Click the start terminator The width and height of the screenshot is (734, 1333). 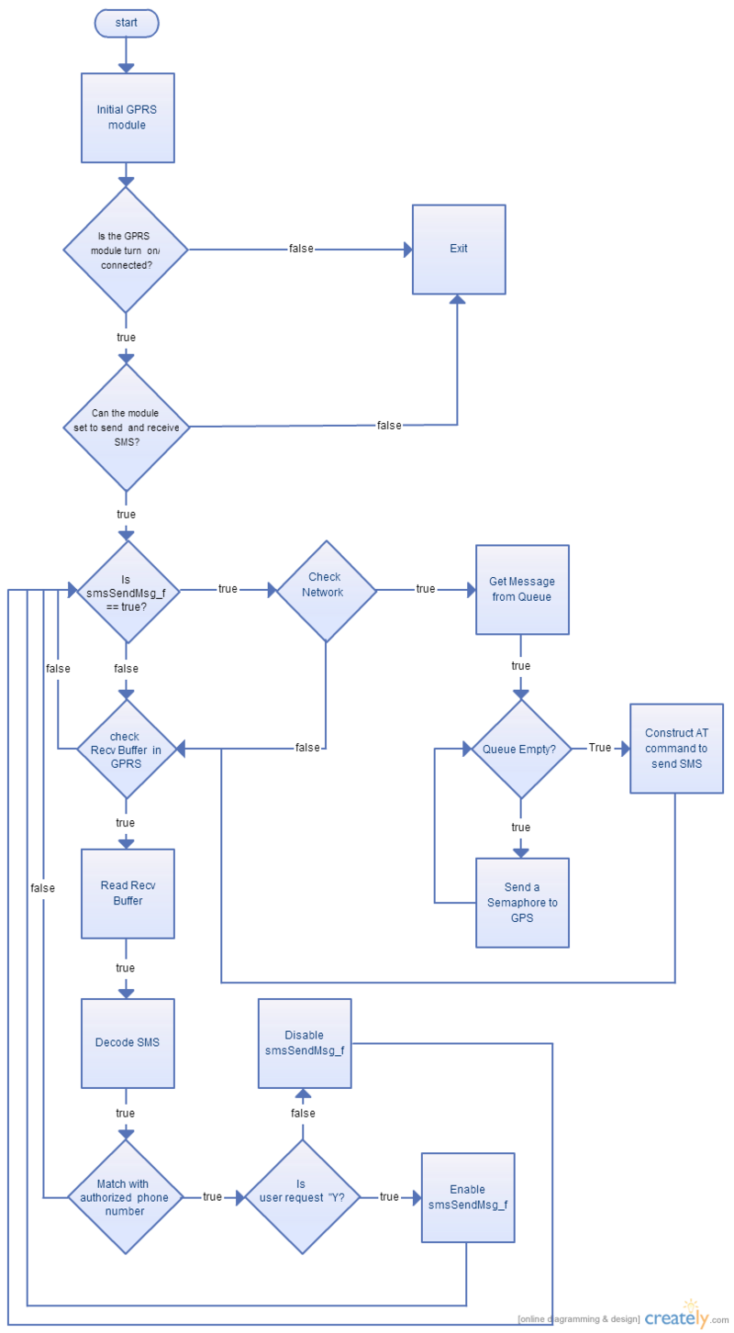click(x=127, y=23)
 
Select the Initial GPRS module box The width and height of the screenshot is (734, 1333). click(x=128, y=117)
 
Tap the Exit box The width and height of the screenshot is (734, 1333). click(x=459, y=250)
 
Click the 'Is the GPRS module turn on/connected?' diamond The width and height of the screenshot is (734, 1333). click(x=126, y=250)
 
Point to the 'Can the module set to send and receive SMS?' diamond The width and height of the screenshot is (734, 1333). click(x=127, y=428)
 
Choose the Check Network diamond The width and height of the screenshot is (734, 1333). click(x=327, y=591)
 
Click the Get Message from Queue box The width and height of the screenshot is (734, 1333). click(x=522, y=590)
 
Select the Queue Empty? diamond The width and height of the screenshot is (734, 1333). click(x=521, y=749)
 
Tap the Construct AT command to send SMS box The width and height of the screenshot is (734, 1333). click(x=676, y=749)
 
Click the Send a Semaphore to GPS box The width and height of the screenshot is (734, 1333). click(x=522, y=902)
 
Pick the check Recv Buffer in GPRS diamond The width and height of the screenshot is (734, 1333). click(x=127, y=750)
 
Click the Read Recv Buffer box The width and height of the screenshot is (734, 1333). click(x=128, y=894)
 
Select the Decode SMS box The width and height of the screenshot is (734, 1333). click(x=128, y=1043)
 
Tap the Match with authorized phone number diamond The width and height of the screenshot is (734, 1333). click(x=126, y=1197)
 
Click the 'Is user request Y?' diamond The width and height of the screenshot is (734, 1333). click(x=303, y=1197)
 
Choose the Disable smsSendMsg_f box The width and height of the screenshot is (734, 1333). click(x=305, y=1043)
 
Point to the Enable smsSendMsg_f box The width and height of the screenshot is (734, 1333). click(x=468, y=1197)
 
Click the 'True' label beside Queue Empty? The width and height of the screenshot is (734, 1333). click(x=599, y=748)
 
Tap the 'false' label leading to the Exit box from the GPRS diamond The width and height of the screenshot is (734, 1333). click(x=301, y=249)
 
